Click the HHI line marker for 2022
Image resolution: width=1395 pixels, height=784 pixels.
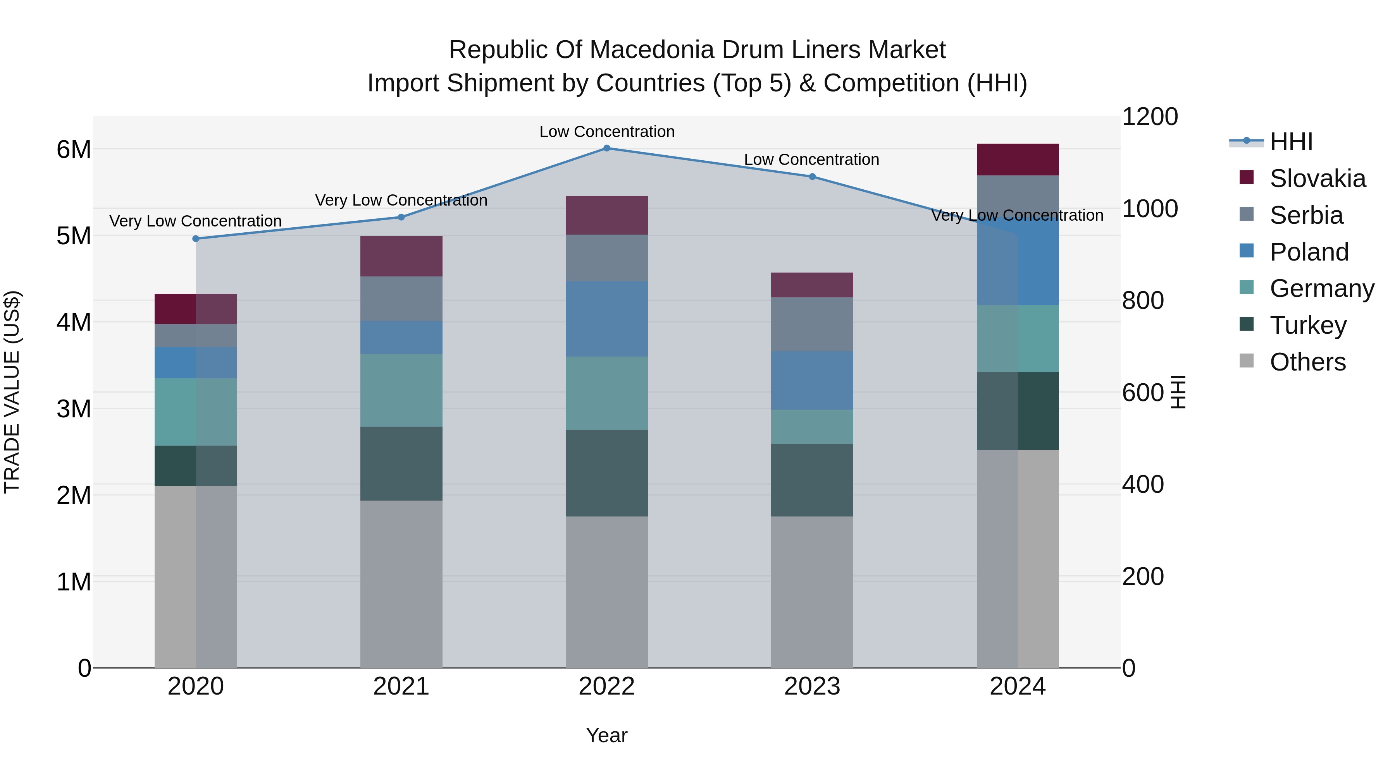click(606, 148)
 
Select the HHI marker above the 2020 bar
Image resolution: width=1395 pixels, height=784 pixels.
click(196, 238)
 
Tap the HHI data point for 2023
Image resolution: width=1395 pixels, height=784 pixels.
click(812, 177)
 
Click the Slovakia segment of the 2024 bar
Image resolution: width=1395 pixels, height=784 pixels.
click(1018, 160)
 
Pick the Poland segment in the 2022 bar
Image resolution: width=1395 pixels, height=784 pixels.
click(606, 319)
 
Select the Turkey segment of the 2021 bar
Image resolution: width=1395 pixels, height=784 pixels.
click(401, 464)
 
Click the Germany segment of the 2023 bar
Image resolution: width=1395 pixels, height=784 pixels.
click(812, 427)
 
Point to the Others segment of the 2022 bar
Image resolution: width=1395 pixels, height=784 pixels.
click(606, 592)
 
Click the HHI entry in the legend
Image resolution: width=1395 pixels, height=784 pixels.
click(1291, 142)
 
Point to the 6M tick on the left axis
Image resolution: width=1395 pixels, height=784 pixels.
click(74, 149)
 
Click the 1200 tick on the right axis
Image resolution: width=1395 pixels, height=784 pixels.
click(1150, 117)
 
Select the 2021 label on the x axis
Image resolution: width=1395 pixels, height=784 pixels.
click(401, 686)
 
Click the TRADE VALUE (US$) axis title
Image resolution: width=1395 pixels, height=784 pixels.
click(12, 392)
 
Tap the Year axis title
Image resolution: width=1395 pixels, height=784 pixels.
click(606, 735)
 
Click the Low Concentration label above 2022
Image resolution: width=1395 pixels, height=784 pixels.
click(606, 132)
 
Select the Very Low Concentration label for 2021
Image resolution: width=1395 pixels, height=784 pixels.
click(401, 200)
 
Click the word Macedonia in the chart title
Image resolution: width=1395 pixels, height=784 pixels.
click(653, 50)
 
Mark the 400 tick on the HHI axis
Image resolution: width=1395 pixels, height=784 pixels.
click(1143, 484)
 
